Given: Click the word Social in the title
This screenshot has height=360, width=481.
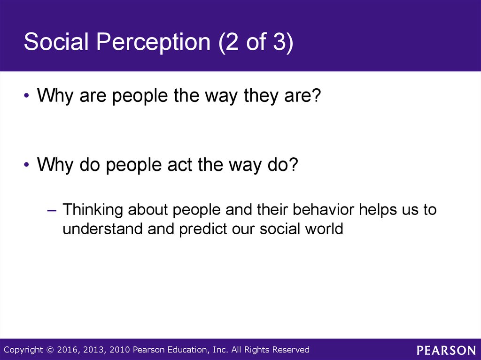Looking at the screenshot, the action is tap(56, 42).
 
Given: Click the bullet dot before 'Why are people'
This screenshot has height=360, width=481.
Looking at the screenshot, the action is tap(27, 96).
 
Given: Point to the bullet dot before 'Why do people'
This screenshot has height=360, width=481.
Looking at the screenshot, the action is tap(27, 165).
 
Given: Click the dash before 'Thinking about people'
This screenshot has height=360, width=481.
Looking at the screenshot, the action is tap(52, 211).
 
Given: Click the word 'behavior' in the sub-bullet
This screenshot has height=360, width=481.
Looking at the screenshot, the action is tap(323, 210).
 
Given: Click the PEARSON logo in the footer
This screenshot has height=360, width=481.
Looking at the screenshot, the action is tap(446, 350).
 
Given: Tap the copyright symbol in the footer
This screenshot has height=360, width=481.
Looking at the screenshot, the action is tap(50, 350).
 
